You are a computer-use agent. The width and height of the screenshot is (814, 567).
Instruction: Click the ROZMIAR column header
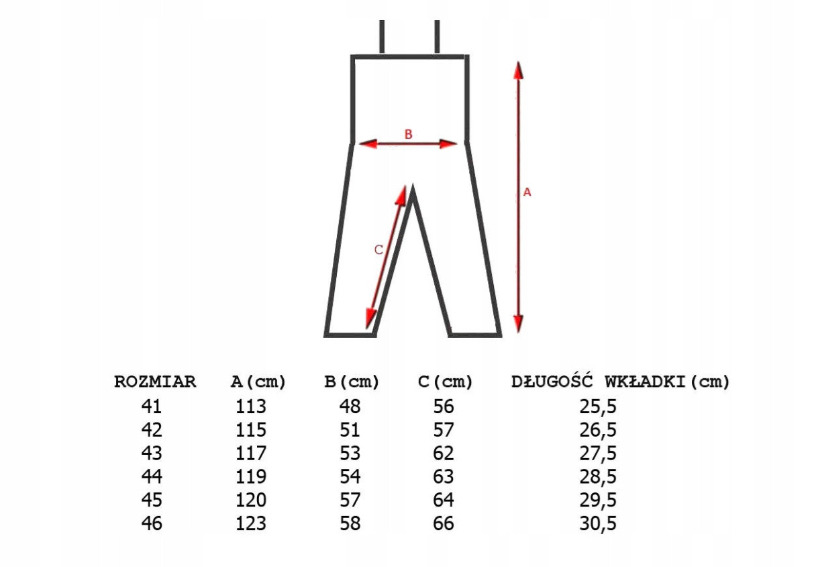tap(155, 382)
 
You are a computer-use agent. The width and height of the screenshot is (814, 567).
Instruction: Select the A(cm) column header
tap(258, 382)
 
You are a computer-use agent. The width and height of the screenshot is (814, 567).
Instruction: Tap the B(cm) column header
tap(352, 382)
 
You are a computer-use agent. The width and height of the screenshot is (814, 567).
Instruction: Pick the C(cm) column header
tap(445, 382)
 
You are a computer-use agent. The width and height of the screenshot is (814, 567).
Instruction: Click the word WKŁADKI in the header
tap(645, 382)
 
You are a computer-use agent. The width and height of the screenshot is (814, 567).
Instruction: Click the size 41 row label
tap(151, 406)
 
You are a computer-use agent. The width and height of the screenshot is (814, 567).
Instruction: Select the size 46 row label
tap(152, 523)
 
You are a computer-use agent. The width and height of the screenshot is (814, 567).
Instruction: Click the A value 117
tap(251, 453)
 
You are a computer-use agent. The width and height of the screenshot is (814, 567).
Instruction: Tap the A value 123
tap(251, 523)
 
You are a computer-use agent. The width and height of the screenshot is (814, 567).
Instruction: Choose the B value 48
tap(350, 406)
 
